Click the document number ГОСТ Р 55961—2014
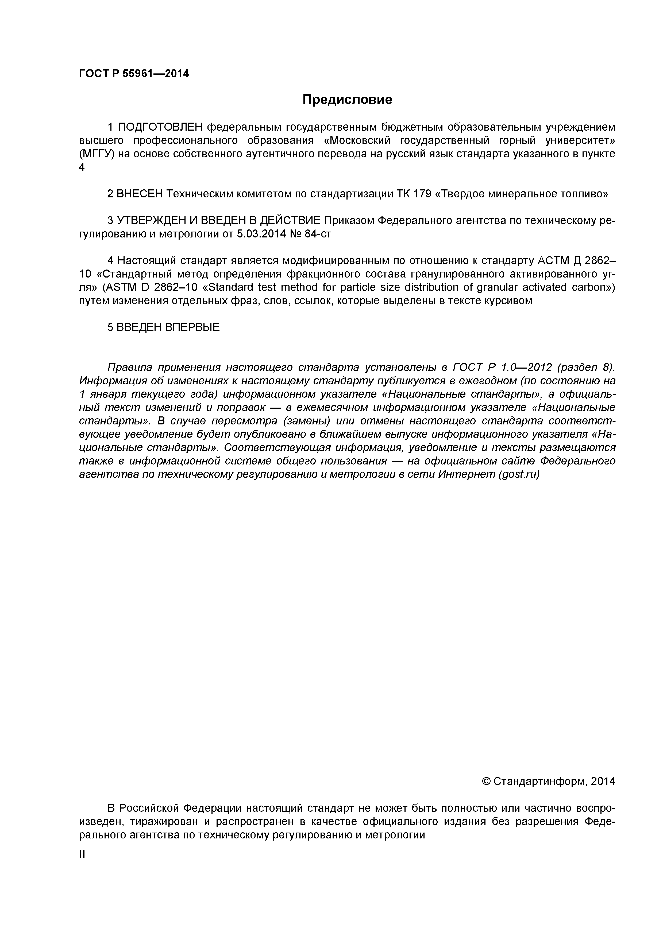pos(134,74)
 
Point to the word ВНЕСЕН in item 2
pos(140,194)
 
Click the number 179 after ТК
pos(422,194)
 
